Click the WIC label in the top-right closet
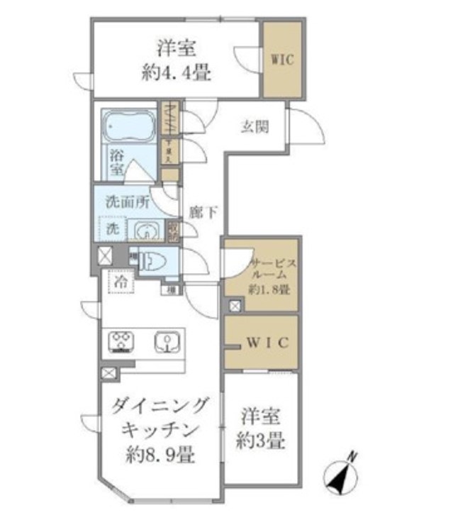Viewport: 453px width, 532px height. [281, 60]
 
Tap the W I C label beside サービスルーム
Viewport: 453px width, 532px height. [267, 343]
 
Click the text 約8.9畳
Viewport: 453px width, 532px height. [160, 453]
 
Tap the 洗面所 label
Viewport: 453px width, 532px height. [125, 201]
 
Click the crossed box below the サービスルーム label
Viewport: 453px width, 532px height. [235, 306]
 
